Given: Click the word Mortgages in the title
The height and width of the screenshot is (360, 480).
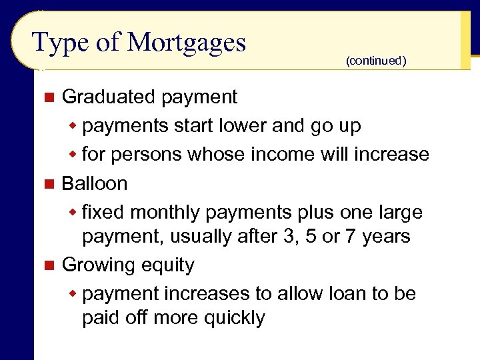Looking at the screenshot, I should (187, 43).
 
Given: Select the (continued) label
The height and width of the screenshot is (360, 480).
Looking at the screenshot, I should (375, 61).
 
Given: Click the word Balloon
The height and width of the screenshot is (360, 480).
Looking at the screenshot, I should (94, 183).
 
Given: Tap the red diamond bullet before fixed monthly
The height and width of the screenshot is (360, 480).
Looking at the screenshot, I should (74, 213).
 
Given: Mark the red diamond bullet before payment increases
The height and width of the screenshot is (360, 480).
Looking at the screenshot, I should (74, 294).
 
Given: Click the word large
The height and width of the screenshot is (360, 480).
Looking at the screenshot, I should (400, 213).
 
